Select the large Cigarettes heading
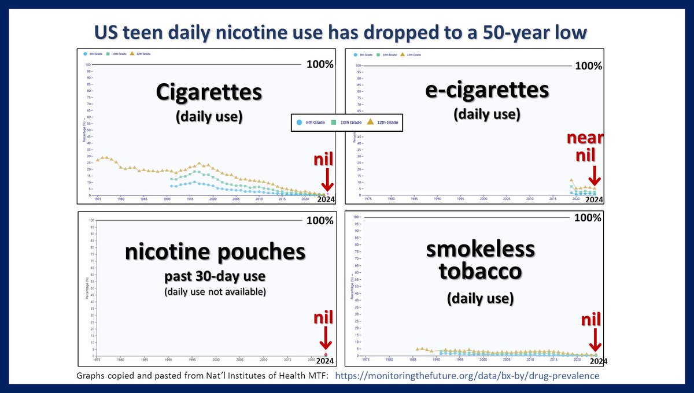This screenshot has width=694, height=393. point(208,92)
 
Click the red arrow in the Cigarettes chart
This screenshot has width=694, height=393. point(327,179)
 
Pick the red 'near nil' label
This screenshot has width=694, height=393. point(586,147)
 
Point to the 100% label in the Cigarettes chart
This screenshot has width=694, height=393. point(320,65)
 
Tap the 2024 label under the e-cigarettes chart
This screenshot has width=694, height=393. point(594,199)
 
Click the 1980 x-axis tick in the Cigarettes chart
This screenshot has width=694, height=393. point(120,199)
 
